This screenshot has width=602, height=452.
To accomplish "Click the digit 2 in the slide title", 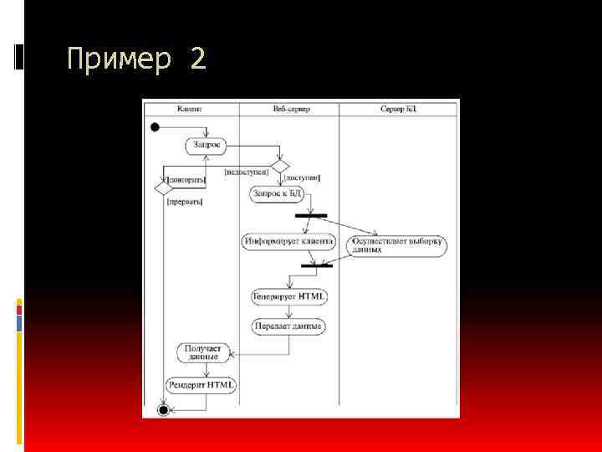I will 196,59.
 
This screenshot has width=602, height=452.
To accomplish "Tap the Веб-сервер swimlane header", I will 288,109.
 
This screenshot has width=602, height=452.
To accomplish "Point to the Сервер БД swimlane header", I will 398,109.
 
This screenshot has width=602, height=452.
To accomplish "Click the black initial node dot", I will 155,127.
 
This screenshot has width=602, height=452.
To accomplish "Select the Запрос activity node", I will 207,145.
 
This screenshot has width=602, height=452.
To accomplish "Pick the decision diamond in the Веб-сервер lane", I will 278,166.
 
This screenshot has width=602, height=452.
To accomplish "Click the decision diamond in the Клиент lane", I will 164,188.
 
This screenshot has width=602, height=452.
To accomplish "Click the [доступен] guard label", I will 302,178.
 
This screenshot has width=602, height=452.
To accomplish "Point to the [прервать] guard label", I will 185,201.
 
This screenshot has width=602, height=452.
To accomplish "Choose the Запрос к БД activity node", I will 275,194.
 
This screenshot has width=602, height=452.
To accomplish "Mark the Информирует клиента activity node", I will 288,242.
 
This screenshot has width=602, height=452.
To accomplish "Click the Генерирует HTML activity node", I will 289,296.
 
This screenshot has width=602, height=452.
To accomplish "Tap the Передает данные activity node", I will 288,326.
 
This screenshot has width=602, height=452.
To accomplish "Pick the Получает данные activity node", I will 197,352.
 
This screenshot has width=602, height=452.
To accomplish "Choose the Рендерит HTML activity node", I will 202,385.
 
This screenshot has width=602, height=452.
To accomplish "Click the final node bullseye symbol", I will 164,409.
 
